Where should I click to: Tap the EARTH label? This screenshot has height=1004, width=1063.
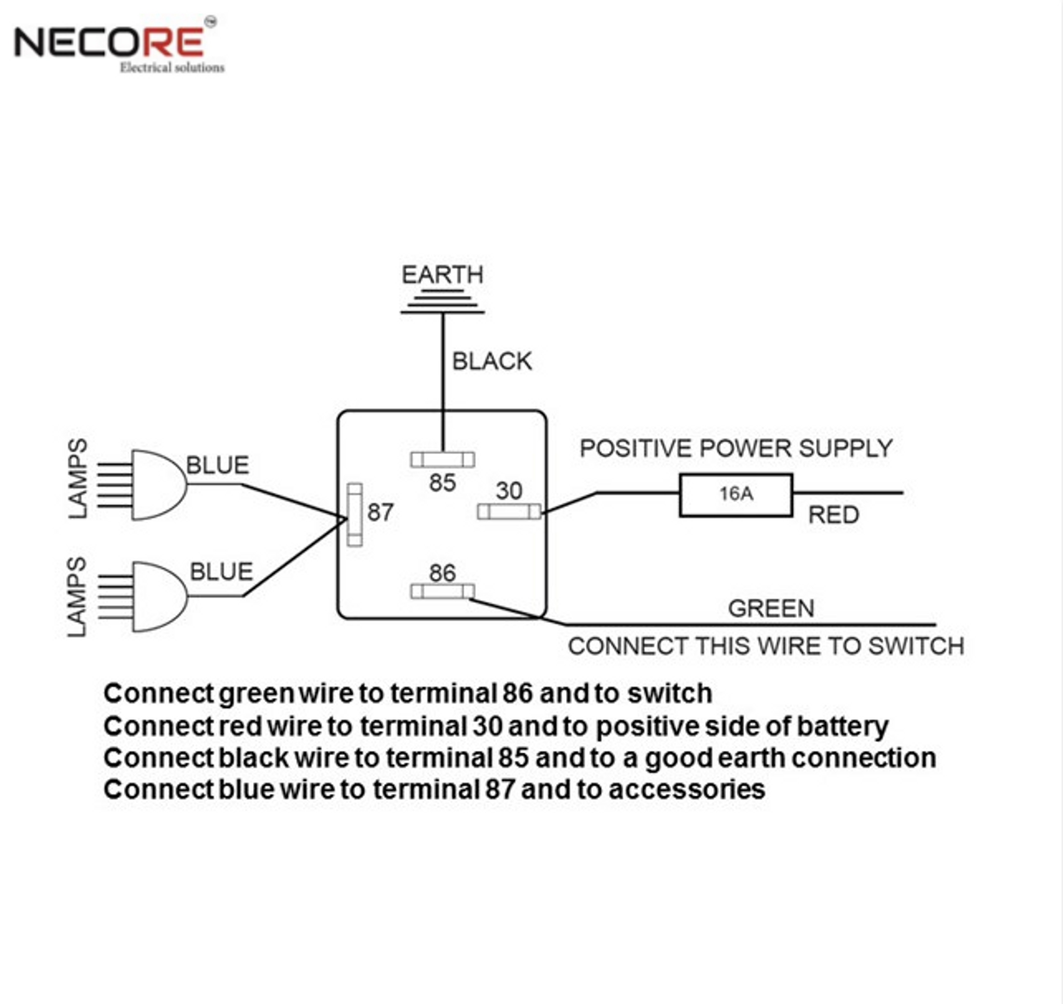click(442, 275)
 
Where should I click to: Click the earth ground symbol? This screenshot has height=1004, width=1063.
click(442, 302)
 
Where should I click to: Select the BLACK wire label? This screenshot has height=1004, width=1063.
click(492, 362)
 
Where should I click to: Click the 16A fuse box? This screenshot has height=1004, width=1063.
click(736, 495)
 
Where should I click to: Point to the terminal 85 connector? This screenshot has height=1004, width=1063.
click(442, 459)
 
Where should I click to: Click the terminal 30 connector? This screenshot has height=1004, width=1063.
click(509, 512)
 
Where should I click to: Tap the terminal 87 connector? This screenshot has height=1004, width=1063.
click(355, 515)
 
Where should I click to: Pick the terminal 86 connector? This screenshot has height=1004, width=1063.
click(442, 591)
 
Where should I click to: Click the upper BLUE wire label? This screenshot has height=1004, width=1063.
click(217, 465)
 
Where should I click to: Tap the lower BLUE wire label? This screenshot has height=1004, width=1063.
click(221, 572)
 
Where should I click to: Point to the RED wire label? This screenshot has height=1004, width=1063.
click(833, 515)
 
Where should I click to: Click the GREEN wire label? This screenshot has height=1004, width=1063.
click(771, 608)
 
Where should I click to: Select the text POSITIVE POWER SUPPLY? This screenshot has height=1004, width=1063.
click(736, 449)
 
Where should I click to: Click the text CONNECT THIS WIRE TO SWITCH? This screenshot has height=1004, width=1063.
click(766, 647)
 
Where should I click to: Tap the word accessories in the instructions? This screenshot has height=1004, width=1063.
click(687, 790)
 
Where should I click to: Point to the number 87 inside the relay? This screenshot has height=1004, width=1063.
click(380, 513)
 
